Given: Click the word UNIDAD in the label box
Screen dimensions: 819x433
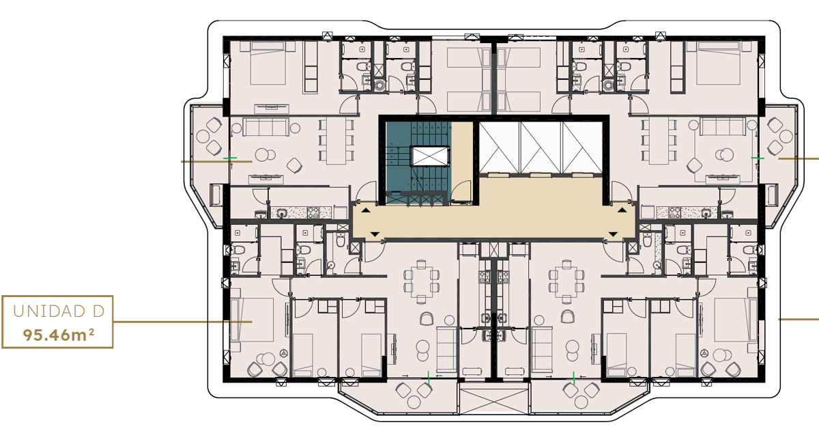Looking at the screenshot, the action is coord(49,311).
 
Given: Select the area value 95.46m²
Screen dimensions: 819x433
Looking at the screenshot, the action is coord(59,335).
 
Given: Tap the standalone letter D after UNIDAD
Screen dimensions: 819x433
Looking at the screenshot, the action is coord(98,311).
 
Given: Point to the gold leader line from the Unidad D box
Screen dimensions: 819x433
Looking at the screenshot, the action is coord(182,322).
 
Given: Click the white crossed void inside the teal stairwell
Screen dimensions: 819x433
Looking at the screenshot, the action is coord(430,156).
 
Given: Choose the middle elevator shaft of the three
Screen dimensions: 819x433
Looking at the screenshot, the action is coord(541,147).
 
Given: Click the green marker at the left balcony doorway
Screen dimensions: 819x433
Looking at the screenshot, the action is coord(230,158).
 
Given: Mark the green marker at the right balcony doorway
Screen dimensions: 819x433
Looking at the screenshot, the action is coord(758,158).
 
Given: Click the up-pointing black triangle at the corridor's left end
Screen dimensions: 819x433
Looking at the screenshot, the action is coord(366,210).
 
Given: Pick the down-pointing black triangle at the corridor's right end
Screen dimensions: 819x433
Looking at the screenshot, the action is coord(613,234).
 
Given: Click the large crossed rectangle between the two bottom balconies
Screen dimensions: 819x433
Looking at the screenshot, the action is coord(493,402).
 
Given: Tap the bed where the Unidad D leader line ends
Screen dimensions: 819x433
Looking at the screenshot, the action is coord(253,320).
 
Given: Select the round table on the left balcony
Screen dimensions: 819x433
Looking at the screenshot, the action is coord(203,137).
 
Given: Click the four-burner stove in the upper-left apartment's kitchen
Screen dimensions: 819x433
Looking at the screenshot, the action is coord(314,212).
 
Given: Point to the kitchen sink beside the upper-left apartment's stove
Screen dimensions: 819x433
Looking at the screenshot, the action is coord(281,212).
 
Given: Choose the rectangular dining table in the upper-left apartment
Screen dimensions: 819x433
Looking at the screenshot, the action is coord(336,140).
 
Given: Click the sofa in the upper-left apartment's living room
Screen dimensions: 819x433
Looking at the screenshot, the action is coord(266,126).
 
